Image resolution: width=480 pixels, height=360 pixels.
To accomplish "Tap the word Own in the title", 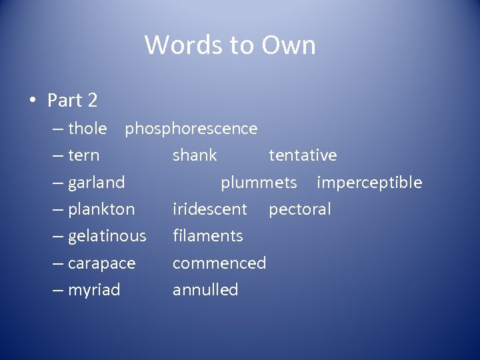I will pos(289,45).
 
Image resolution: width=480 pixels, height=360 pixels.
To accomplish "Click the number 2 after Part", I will pos(92,101).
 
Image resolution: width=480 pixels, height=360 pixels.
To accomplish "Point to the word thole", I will pos(87,128).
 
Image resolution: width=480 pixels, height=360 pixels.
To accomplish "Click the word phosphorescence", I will pos(191,128).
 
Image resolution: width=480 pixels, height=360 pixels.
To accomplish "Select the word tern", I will pos(84,155).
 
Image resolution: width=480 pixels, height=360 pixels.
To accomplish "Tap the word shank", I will pos(195,155).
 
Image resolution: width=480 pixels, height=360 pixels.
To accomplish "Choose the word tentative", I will pos(303,155).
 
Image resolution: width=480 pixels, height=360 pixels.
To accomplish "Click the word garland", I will pos(97,183).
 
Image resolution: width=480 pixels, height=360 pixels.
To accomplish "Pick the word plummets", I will pos(259,183).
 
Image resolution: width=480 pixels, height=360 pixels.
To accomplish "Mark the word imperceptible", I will pos(369,183).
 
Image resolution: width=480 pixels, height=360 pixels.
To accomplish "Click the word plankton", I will pos(101,209).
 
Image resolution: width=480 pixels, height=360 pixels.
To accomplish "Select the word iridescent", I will pos(210,209).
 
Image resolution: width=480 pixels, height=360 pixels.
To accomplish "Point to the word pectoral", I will pos(299,209).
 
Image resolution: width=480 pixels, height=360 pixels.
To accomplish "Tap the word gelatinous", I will pos(107,236).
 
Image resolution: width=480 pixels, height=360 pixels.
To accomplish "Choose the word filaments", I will pos(208,236).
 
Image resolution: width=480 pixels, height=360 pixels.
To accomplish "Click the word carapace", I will pos(102,263).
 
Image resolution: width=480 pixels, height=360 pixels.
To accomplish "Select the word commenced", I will pos(219,263).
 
